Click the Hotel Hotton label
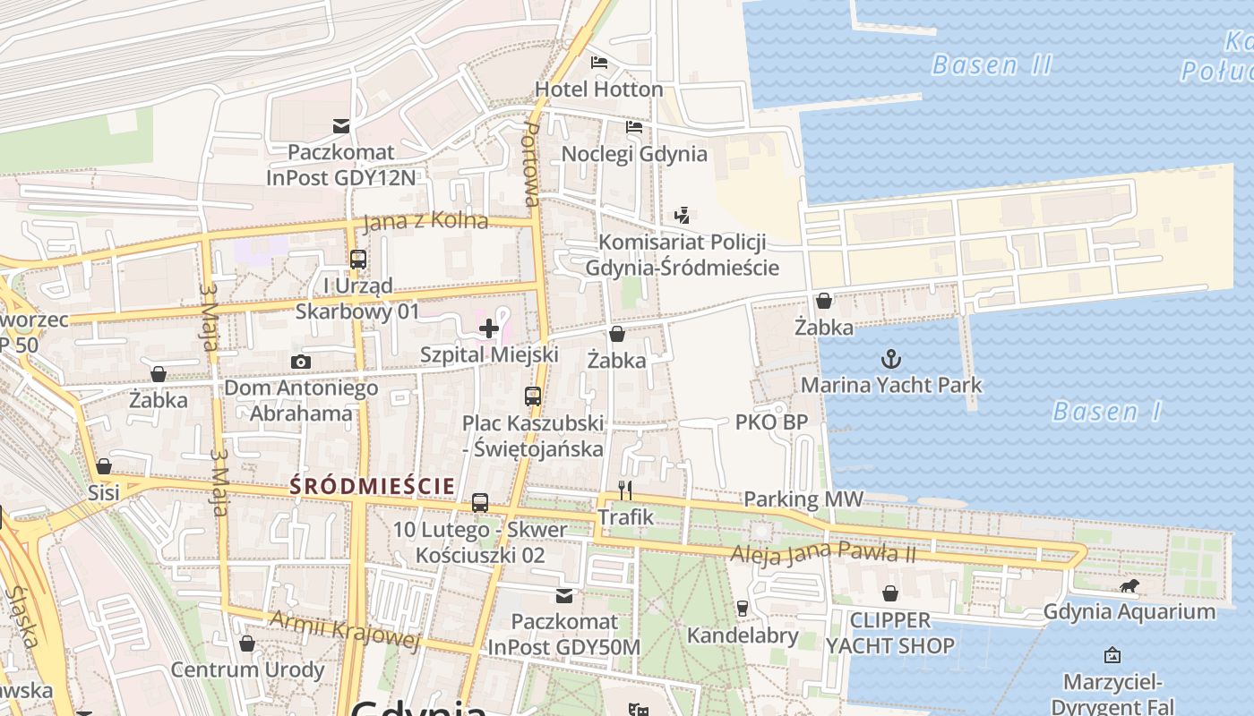coord(598,89)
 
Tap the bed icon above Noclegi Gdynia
coord(634,127)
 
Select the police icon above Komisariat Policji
coord(682,215)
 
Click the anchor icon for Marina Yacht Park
coord(890,360)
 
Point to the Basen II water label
coord(992,65)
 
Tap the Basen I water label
coord(1107,412)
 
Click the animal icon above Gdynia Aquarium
coord(1129,586)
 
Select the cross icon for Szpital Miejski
coord(489,328)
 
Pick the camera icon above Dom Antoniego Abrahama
coord(301,362)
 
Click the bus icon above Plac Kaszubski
coord(533,396)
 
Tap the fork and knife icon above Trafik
coord(625,490)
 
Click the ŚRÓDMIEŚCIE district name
coord(373,486)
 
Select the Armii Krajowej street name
coord(345,628)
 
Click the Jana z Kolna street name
coord(425,221)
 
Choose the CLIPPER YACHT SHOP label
coord(889,633)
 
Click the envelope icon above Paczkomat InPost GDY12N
coord(341,126)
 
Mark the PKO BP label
coord(771,422)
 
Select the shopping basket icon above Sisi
coord(104,466)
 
